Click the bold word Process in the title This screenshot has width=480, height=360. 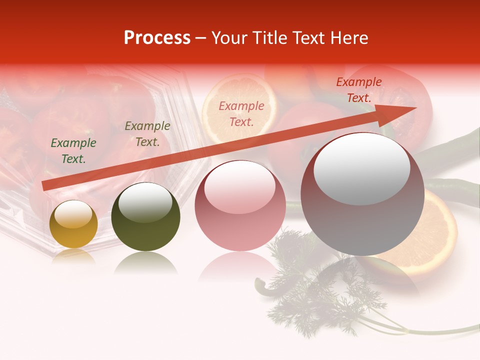click(x=157, y=38)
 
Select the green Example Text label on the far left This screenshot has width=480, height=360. click(x=73, y=151)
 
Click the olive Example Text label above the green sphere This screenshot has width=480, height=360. click(x=147, y=134)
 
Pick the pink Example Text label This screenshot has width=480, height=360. click(x=241, y=113)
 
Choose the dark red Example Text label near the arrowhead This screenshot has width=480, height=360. click(x=359, y=90)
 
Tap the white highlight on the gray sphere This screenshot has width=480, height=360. click(x=362, y=168)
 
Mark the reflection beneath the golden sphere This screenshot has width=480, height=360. click(x=73, y=256)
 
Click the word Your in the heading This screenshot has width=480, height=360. click(x=231, y=38)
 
